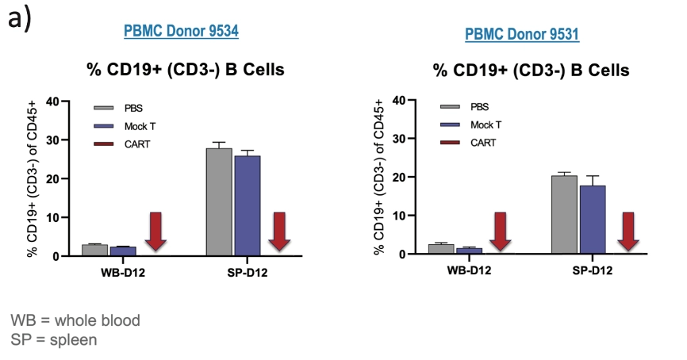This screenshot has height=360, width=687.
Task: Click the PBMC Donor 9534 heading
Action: (181, 32)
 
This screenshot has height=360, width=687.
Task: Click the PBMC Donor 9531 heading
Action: (522, 35)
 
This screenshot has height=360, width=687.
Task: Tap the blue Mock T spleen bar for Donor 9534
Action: (247, 205)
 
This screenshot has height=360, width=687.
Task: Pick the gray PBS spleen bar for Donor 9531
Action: (564, 214)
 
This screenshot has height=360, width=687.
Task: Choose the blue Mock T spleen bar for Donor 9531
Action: (592, 219)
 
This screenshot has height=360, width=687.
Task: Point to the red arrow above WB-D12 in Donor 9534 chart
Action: (155, 231)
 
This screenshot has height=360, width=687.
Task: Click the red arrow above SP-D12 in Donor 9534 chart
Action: (278, 231)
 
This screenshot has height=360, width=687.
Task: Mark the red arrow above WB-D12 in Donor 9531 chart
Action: (500, 231)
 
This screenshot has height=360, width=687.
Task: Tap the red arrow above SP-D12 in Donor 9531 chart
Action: (628, 231)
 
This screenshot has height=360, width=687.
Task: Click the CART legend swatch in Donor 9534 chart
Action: (104, 144)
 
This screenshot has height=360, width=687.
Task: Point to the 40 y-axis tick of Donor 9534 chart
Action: (52, 101)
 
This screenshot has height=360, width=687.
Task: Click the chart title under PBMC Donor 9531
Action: (531, 71)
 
